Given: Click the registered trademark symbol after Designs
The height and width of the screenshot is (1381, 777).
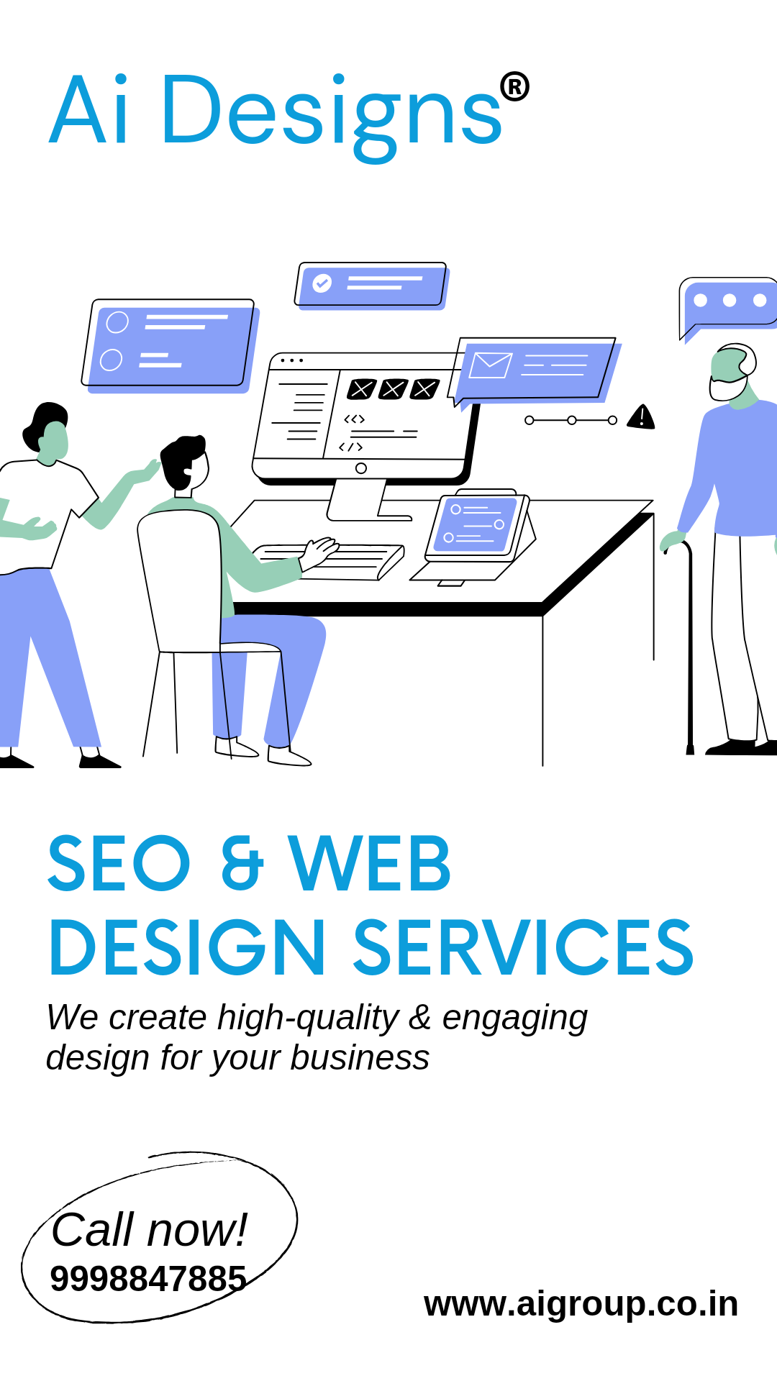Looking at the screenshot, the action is tap(514, 86).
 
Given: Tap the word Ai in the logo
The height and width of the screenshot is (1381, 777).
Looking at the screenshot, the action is tap(90, 110).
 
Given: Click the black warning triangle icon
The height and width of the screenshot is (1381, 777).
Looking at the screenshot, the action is tap(641, 416).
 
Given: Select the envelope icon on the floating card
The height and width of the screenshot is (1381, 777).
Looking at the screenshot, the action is tap(491, 365).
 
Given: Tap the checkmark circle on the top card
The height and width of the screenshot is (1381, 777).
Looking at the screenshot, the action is tap(322, 283).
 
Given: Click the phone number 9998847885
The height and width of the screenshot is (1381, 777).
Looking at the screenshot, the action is tap(148, 1279).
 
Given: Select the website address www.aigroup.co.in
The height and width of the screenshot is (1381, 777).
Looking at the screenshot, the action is tap(581, 1304).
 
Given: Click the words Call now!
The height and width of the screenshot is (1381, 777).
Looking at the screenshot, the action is tap(149, 1229).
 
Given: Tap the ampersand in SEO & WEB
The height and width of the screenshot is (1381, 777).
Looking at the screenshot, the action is tap(242, 862).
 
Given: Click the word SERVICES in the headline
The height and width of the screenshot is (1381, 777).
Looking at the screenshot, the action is tap(523, 947).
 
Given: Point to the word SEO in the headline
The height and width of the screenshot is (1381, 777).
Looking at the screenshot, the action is tap(119, 862).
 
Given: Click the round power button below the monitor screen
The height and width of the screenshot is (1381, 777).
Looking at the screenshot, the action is tap(361, 468).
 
